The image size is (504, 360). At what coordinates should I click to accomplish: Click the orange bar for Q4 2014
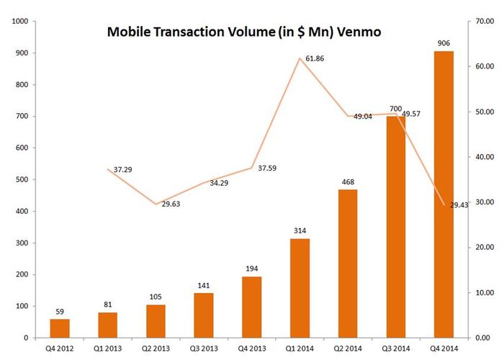click(x=444, y=194)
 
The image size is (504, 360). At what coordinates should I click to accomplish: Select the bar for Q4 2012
click(x=60, y=328)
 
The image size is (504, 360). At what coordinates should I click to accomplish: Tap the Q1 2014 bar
click(x=300, y=288)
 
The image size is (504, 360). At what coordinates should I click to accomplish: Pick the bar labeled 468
click(x=347, y=264)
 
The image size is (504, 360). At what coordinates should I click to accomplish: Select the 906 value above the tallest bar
click(x=444, y=43)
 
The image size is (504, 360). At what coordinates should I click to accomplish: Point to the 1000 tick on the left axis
click(x=18, y=22)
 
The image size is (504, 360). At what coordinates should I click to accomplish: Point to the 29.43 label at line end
click(x=459, y=205)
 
